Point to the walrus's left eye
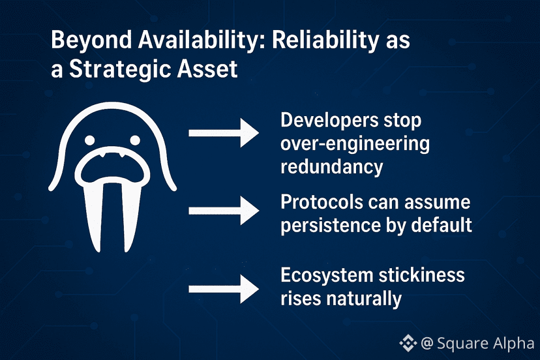click(89, 140)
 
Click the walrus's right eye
click(134, 140)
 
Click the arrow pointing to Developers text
click(224, 133)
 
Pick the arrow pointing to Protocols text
click(224, 211)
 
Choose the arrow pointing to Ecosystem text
click(224, 289)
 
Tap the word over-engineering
click(355, 144)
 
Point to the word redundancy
click(332, 167)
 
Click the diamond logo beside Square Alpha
click(408, 343)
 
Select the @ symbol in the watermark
click(427, 344)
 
